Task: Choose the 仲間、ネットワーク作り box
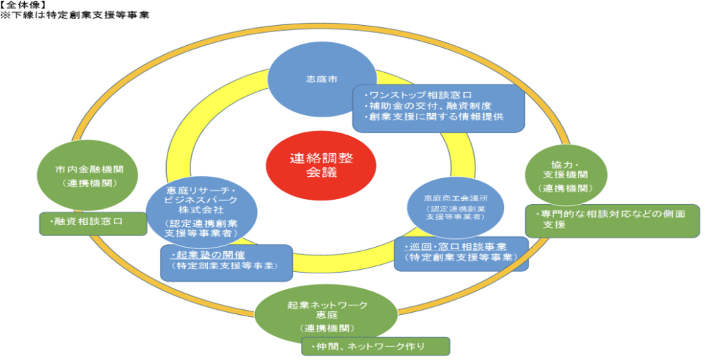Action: point(375,347)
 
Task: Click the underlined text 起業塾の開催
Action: point(201,256)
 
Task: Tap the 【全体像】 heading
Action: point(22,5)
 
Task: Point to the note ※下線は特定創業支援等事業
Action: point(75,14)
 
